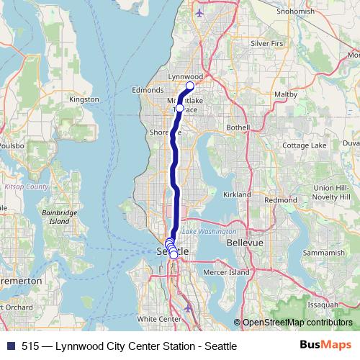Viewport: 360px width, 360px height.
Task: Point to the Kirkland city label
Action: [x=236, y=194]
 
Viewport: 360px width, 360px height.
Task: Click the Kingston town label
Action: [x=84, y=99]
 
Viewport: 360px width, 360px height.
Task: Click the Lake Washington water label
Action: [x=209, y=232]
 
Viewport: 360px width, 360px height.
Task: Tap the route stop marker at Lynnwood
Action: [x=190, y=86]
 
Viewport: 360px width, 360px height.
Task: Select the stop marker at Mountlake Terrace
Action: [x=180, y=109]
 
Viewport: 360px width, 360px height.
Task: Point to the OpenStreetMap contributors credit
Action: [x=297, y=323]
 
